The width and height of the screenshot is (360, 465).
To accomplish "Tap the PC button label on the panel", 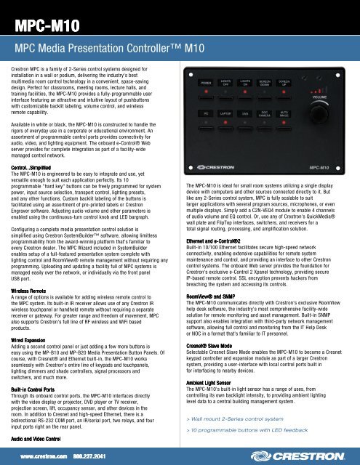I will pos(208,134).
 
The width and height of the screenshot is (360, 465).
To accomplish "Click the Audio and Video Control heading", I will pos(42,441).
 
